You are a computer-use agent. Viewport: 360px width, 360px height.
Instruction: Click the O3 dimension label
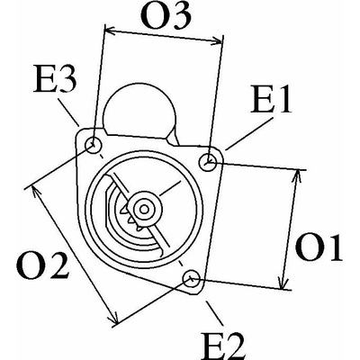[166, 16]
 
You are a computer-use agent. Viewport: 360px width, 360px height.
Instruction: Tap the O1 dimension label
[319, 247]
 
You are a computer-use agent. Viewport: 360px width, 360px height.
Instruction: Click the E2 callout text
[224, 345]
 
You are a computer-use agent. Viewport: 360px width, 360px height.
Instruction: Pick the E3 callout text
[55, 80]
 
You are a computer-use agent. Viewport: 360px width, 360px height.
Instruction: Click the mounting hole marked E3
[94, 146]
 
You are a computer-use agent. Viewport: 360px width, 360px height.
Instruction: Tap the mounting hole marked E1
[208, 162]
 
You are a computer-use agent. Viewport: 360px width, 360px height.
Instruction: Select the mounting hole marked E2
[192, 279]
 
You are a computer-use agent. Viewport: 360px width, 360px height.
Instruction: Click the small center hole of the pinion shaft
[145, 209]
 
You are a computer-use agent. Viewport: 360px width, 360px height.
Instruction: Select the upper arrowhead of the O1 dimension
[297, 177]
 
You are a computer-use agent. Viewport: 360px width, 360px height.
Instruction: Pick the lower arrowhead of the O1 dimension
[283, 282]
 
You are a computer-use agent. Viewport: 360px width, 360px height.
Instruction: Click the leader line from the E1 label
[249, 133]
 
